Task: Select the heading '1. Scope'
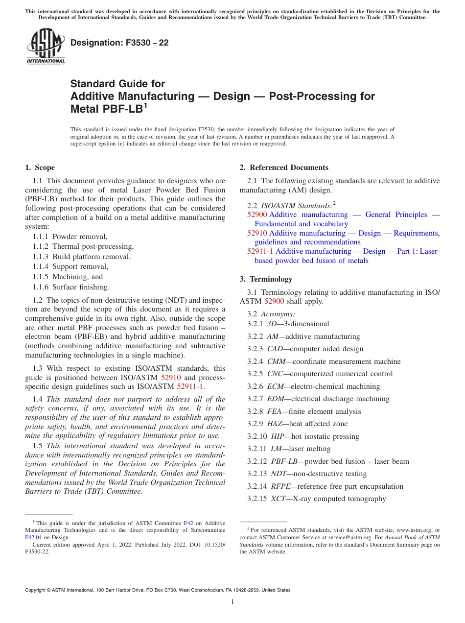tap(40, 168)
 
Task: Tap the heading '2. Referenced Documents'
tap(284, 168)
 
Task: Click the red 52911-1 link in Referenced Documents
tap(260, 251)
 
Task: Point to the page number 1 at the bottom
tap(232, 601)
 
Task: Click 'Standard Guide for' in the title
tap(117, 84)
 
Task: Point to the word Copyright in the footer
tap(36, 590)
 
